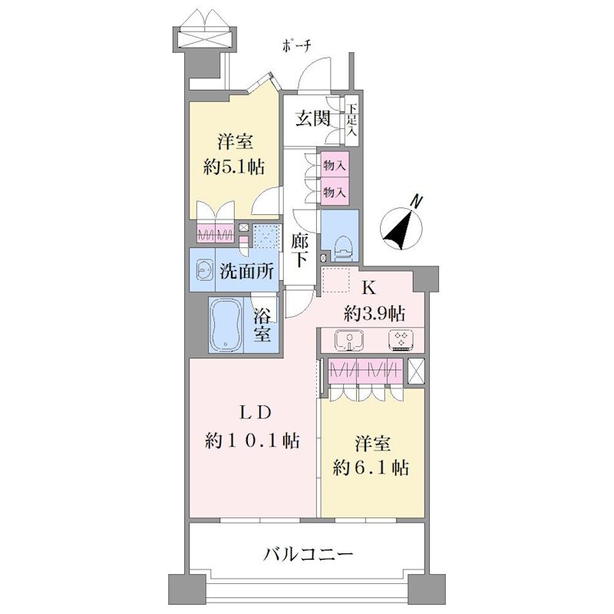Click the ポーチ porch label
click(x=297, y=46)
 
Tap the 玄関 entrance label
click(x=312, y=118)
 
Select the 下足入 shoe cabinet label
click(x=352, y=119)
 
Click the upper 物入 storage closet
click(x=335, y=164)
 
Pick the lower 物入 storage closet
click(x=335, y=191)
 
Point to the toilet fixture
click(x=345, y=246)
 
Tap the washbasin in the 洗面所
click(x=203, y=270)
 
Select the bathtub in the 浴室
click(x=226, y=325)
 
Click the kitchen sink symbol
click(x=348, y=339)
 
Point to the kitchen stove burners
click(x=401, y=339)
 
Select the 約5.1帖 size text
click(x=234, y=167)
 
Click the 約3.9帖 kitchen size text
click(x=375, y=313)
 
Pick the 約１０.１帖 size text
click(x=253, y=441)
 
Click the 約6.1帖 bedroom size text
click(x=371, y=467)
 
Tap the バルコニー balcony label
click(x=308, y=553)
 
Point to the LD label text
click(x=255, y=412)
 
